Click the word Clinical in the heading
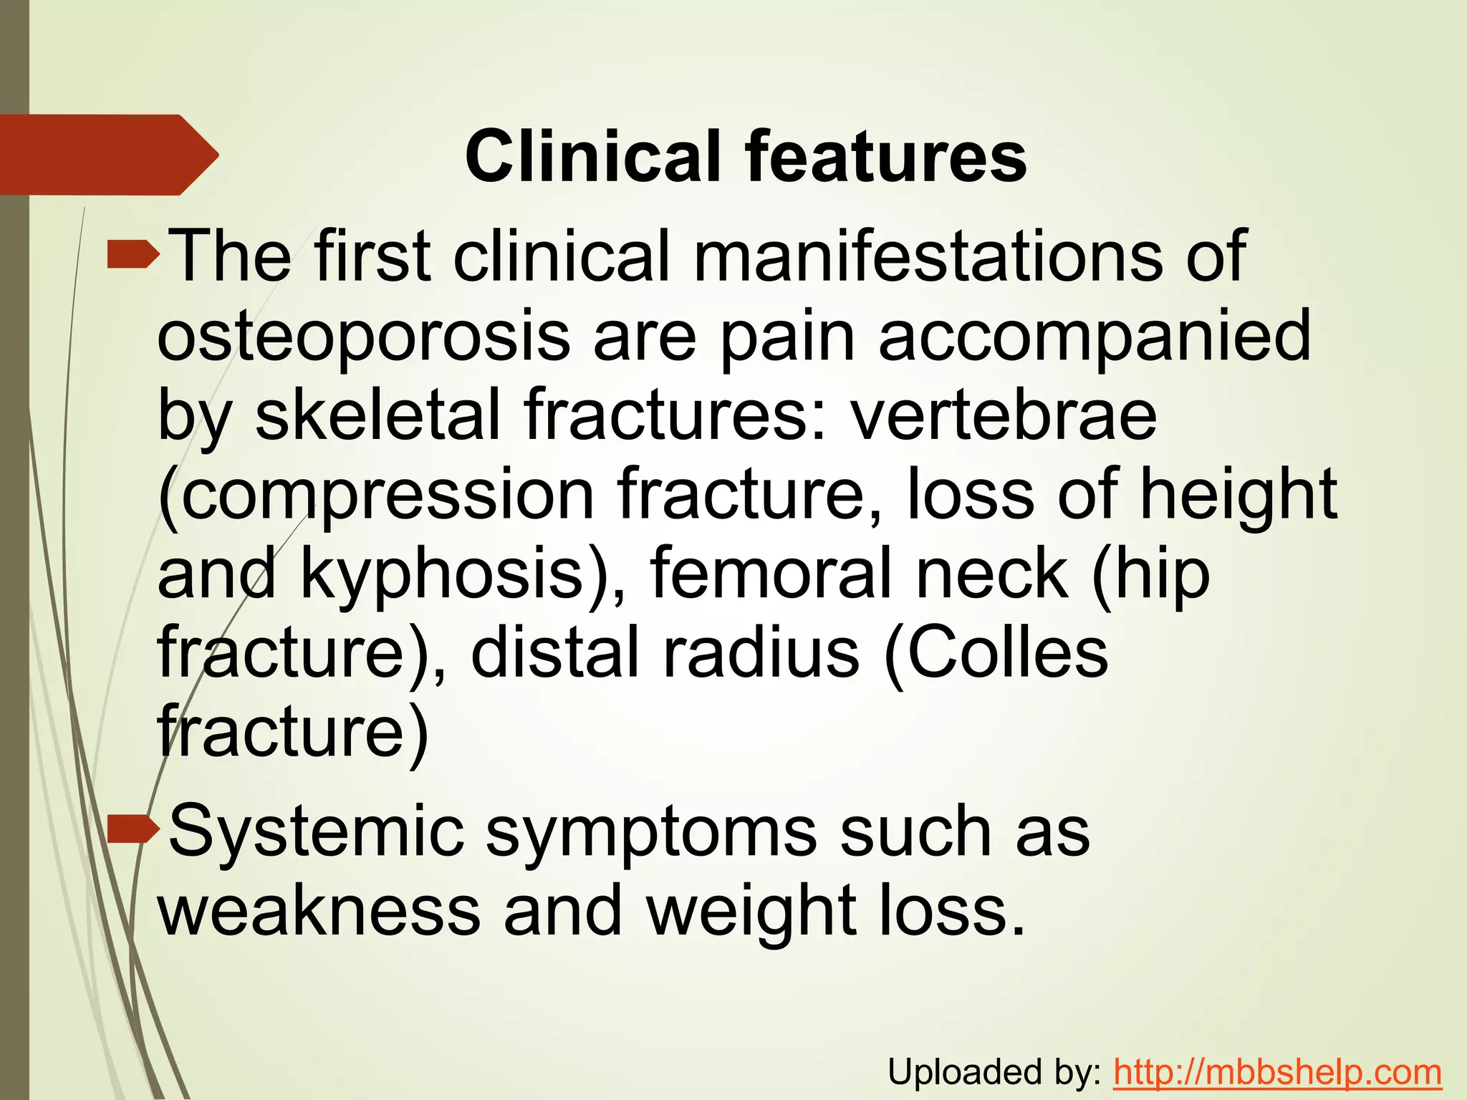pyautogui.click(x=592, y=156)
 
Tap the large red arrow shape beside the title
pyautogui.click(x=107, y=155)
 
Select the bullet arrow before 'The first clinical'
pyautogui.click(x=133, y=254)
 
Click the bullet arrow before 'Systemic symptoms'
pyautogui.click(x=133, y=829)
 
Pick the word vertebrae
pyautogui.click(x=1004, y=415)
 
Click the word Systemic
pyautogui.click(x=316, y=831)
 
